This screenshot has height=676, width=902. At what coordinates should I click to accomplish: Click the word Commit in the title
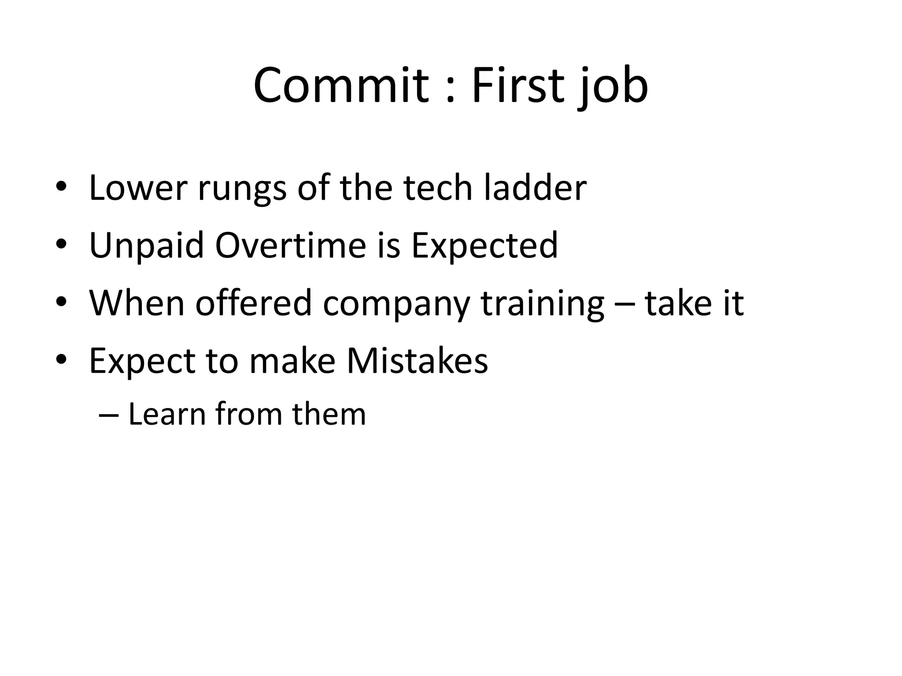click(x=341, y=86)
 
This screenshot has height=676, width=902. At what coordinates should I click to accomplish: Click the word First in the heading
click(x=518, y=86)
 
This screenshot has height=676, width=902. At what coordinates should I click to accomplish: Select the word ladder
click(x=535, y=188)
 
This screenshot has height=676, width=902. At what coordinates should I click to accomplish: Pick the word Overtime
click(x=291, y=246)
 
